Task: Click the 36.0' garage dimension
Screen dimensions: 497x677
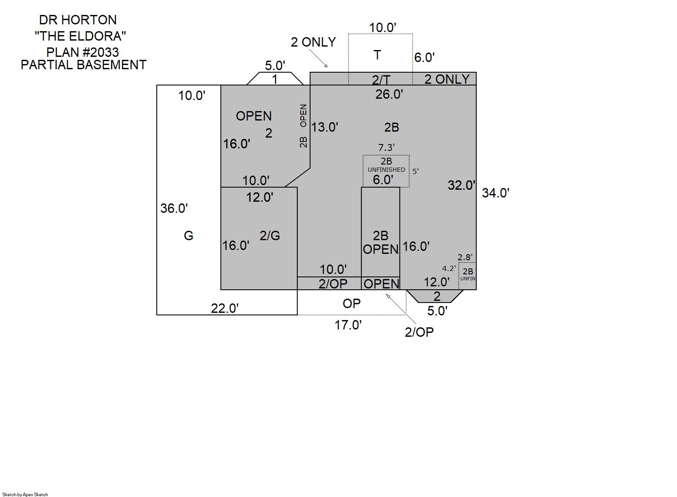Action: pyautogui.click(x=174, y=208)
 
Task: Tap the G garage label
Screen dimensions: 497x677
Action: pyautogui.click(x=188, y=235)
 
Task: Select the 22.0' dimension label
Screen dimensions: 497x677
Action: pyautogui.click(x=225, y=308)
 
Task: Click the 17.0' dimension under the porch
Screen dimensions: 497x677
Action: pyautogui.click(x=348, y=325)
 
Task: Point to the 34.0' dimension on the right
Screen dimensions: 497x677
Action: pyautogui.click(x=495, y=193)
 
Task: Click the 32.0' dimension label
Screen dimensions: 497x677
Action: pyautogui.click(x=461, y=185)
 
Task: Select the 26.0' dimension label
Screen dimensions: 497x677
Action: pyautogui.click(x=389, y=94)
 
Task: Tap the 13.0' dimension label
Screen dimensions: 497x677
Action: pyautogui.click(x=325, y=127)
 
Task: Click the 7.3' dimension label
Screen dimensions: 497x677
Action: pyautogui.click(x=386, y=147)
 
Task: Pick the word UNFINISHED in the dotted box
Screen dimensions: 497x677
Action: pyautogui.click(x=386, y=170)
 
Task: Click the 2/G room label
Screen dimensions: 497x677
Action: pyautogui.click(x=270, y=235)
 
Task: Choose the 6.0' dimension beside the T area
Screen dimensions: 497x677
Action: pyautogui.click(x=424, y=57)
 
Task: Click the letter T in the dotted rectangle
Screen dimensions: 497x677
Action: pyautogui.click(x=377, y=55)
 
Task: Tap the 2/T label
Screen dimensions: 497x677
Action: pyautogui.click(x=381, y=80)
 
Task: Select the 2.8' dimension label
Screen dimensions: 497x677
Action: pyautogui.click(x=465, y=257)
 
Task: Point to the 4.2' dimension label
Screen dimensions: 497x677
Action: pyautogui.click(x=449, y=268)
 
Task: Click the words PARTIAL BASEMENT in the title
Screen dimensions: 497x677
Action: pyautogui.click(x=84, y=65)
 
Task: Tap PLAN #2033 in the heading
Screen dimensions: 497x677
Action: pyautogui.click(x=82, y=52)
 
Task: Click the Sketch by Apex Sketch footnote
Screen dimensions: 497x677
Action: pyautogui.click(x=25, y=494)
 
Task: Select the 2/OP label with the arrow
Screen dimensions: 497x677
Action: pyautogui.click(x=419, y=332)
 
